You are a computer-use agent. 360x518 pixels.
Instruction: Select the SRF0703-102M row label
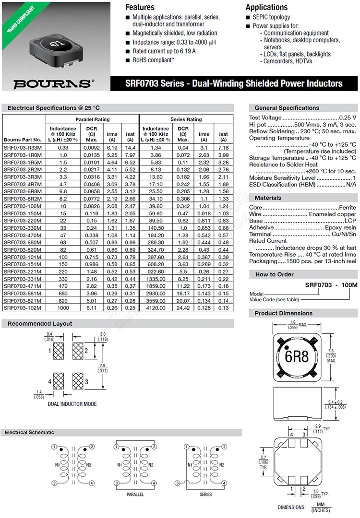pos(23,307)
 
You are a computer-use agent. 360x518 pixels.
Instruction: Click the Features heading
pos(140,7)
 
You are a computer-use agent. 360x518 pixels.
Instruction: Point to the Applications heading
pos(266,7)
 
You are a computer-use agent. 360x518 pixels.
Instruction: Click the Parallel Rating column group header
pos(92,119)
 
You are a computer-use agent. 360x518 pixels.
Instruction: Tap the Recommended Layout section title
pos(40,324)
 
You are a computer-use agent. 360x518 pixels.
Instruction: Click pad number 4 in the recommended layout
pos(49,382)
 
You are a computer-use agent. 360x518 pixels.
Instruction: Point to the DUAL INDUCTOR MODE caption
pos(72,404)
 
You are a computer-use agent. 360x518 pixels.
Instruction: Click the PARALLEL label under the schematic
pos(135,494)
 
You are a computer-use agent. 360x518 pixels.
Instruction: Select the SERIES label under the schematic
pos(205,494)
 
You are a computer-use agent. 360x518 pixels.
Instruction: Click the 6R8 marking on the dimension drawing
pos(296,357)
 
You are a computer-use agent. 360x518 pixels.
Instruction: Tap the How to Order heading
pos(274,274)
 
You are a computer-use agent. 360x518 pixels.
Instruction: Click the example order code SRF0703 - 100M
pos(332,285)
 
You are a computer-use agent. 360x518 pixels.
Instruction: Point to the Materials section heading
pos(268,198)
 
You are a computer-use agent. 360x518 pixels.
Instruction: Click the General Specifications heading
pos(287,108)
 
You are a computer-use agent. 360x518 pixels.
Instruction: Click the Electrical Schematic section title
pos(30,433)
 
